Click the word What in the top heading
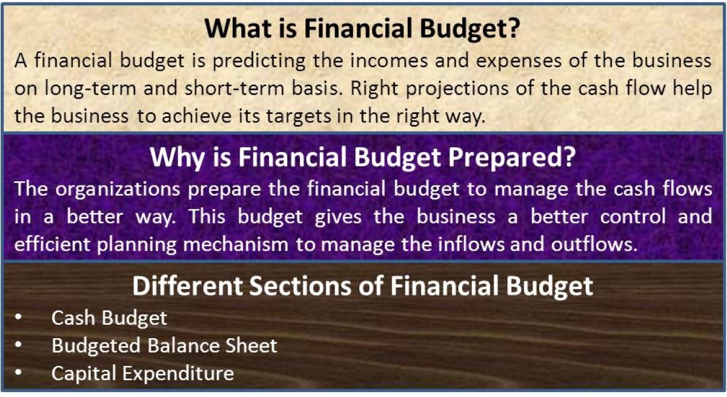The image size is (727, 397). point(239,28)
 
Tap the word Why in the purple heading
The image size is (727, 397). point(177,157)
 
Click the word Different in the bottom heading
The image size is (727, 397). point(188,286)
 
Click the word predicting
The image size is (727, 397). point(259,61)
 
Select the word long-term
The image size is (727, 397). point(90,89)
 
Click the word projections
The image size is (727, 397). point(457,89)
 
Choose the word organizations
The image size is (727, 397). point(118,189)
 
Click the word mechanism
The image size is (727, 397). point(236,244)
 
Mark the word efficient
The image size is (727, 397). point(52,244)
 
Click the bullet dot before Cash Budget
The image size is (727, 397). point(19,316)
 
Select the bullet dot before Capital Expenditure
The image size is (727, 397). point(19,372)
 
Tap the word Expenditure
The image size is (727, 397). point(178,373)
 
